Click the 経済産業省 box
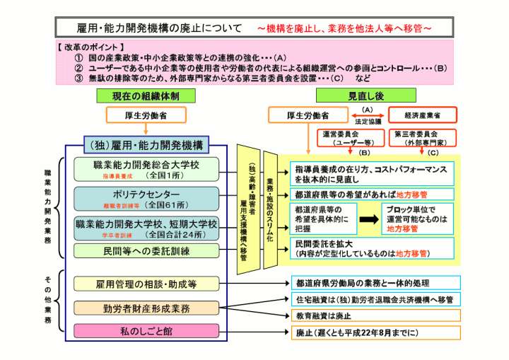point(423,115)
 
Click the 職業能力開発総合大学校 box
point(146,170)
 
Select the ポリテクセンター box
point(146,199)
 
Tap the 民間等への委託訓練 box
point(146,251)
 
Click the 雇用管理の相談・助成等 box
point(146,284)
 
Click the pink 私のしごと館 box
point(146,331)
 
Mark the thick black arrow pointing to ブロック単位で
point(368,219)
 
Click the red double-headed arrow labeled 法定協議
point(368,115)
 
